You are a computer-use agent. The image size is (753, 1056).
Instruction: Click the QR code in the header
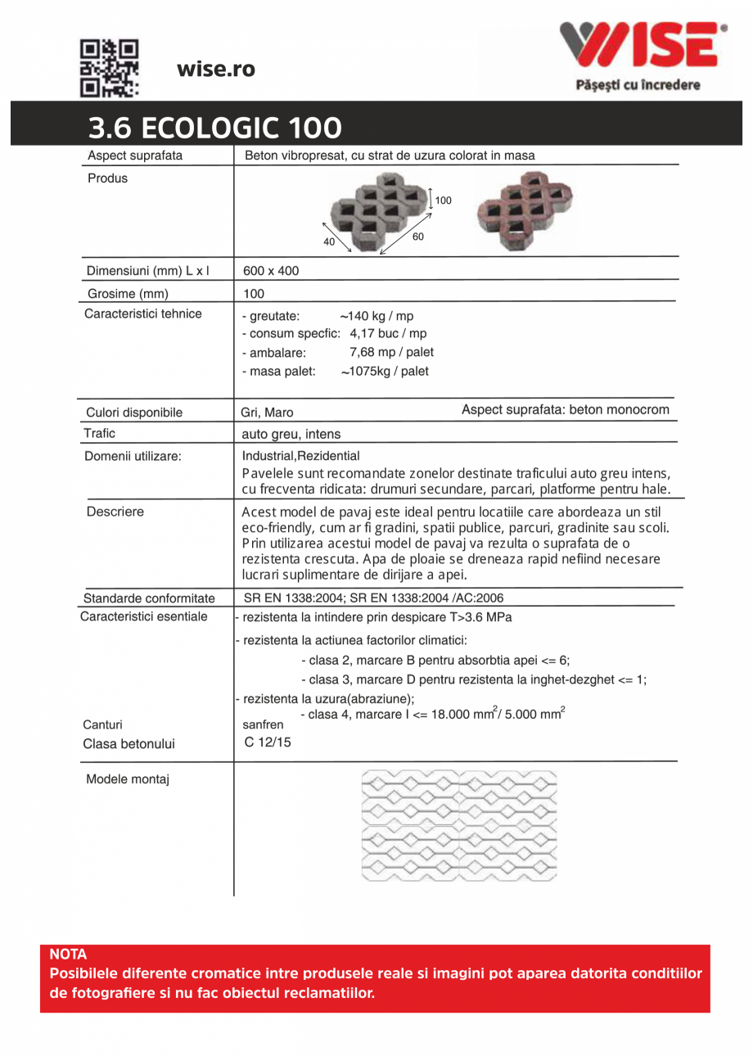click(110, 68)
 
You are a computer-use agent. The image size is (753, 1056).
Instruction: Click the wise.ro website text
click(216, 70)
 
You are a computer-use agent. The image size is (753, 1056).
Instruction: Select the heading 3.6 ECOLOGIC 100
click(215, 129)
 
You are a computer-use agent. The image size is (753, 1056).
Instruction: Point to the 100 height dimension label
click(443, 200)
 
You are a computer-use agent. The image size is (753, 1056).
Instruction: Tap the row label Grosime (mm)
click(128, 293)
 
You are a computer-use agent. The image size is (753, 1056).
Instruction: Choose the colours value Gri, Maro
click(267, 413)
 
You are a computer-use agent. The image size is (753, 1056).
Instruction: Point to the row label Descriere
click(115, 512)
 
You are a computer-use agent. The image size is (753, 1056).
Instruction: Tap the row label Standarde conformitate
click(149, 598)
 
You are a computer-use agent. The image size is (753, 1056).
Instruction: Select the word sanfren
click(264, 725)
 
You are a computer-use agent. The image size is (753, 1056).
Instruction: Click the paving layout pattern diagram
click(458, 824)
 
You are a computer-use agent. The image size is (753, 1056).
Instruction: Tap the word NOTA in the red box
click(68, 954)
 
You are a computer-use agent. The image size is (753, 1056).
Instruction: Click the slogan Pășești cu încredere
click(638, 85)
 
